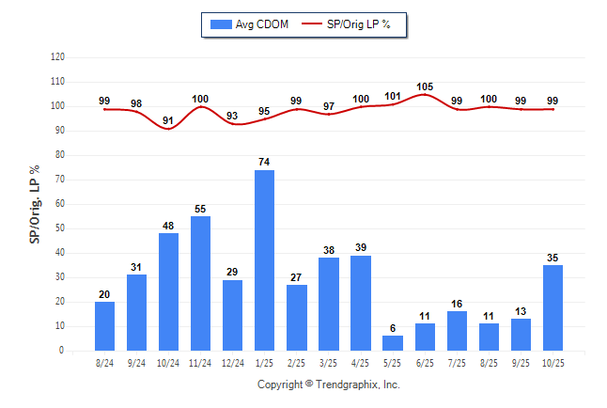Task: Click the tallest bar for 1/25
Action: click(x=264, y=260)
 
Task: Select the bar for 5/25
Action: click(x=392, y=343)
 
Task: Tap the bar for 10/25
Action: click(x=553, y=307)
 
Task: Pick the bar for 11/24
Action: click(x=200, y=283)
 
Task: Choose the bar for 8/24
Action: click(x=104, y=326)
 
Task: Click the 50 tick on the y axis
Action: click(x=59, y=228)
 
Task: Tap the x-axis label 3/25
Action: click(x=328, y=361)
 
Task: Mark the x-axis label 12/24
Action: click(x=232, y=361)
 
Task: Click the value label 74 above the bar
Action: click(x=264, y=163)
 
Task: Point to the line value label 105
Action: click(x=424, y=86)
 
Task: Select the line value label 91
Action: click(x=168, y=120)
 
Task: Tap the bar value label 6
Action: click(x=392, y=328)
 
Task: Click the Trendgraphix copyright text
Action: click(x=329, y=384)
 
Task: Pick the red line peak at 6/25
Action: click(x=424, y=94)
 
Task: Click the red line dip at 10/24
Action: click(x=168, y=129)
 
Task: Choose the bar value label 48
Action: click(x=168, y=226)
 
